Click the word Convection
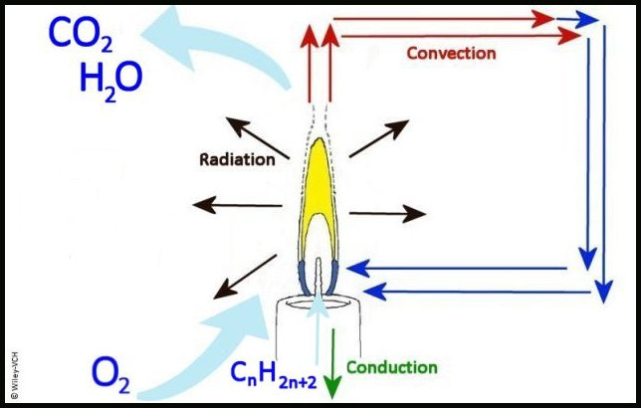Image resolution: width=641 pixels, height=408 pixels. [452, 53]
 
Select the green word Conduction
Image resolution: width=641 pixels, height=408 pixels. [391, 367]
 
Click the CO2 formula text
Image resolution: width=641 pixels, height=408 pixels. [71, 38]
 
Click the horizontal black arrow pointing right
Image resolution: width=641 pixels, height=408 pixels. [388, 212]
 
